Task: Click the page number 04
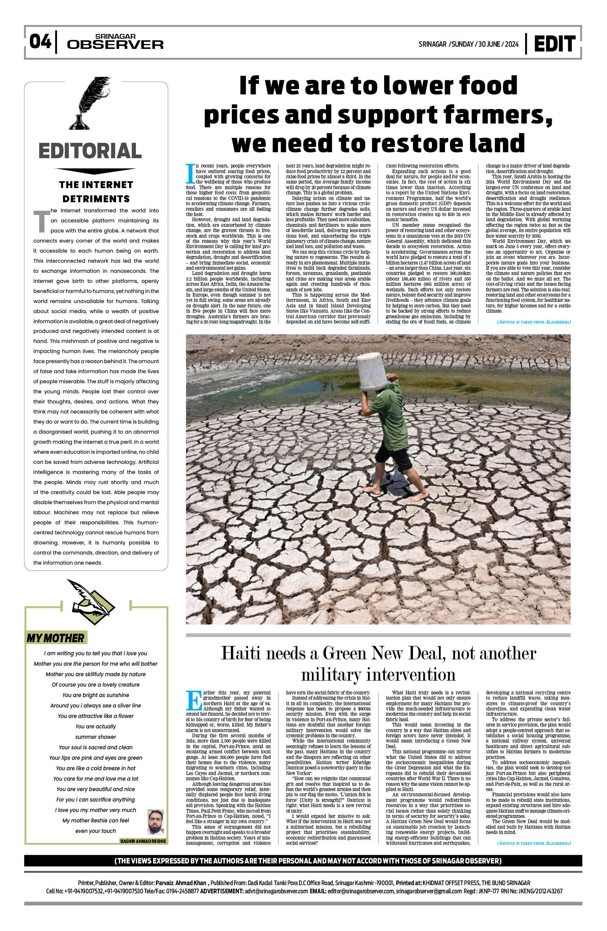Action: [40, 41]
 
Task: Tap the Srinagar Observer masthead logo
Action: [115, 42]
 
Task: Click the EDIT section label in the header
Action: [554, 44]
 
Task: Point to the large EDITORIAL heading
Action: [90, 151]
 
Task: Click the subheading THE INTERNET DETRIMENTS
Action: [96, 192]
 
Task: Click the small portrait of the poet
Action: [156, 822]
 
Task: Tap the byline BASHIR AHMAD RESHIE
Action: [143, 841]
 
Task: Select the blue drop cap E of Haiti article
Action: [194, 701]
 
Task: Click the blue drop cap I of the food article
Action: [190, 174]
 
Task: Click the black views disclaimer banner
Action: [303, 861]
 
